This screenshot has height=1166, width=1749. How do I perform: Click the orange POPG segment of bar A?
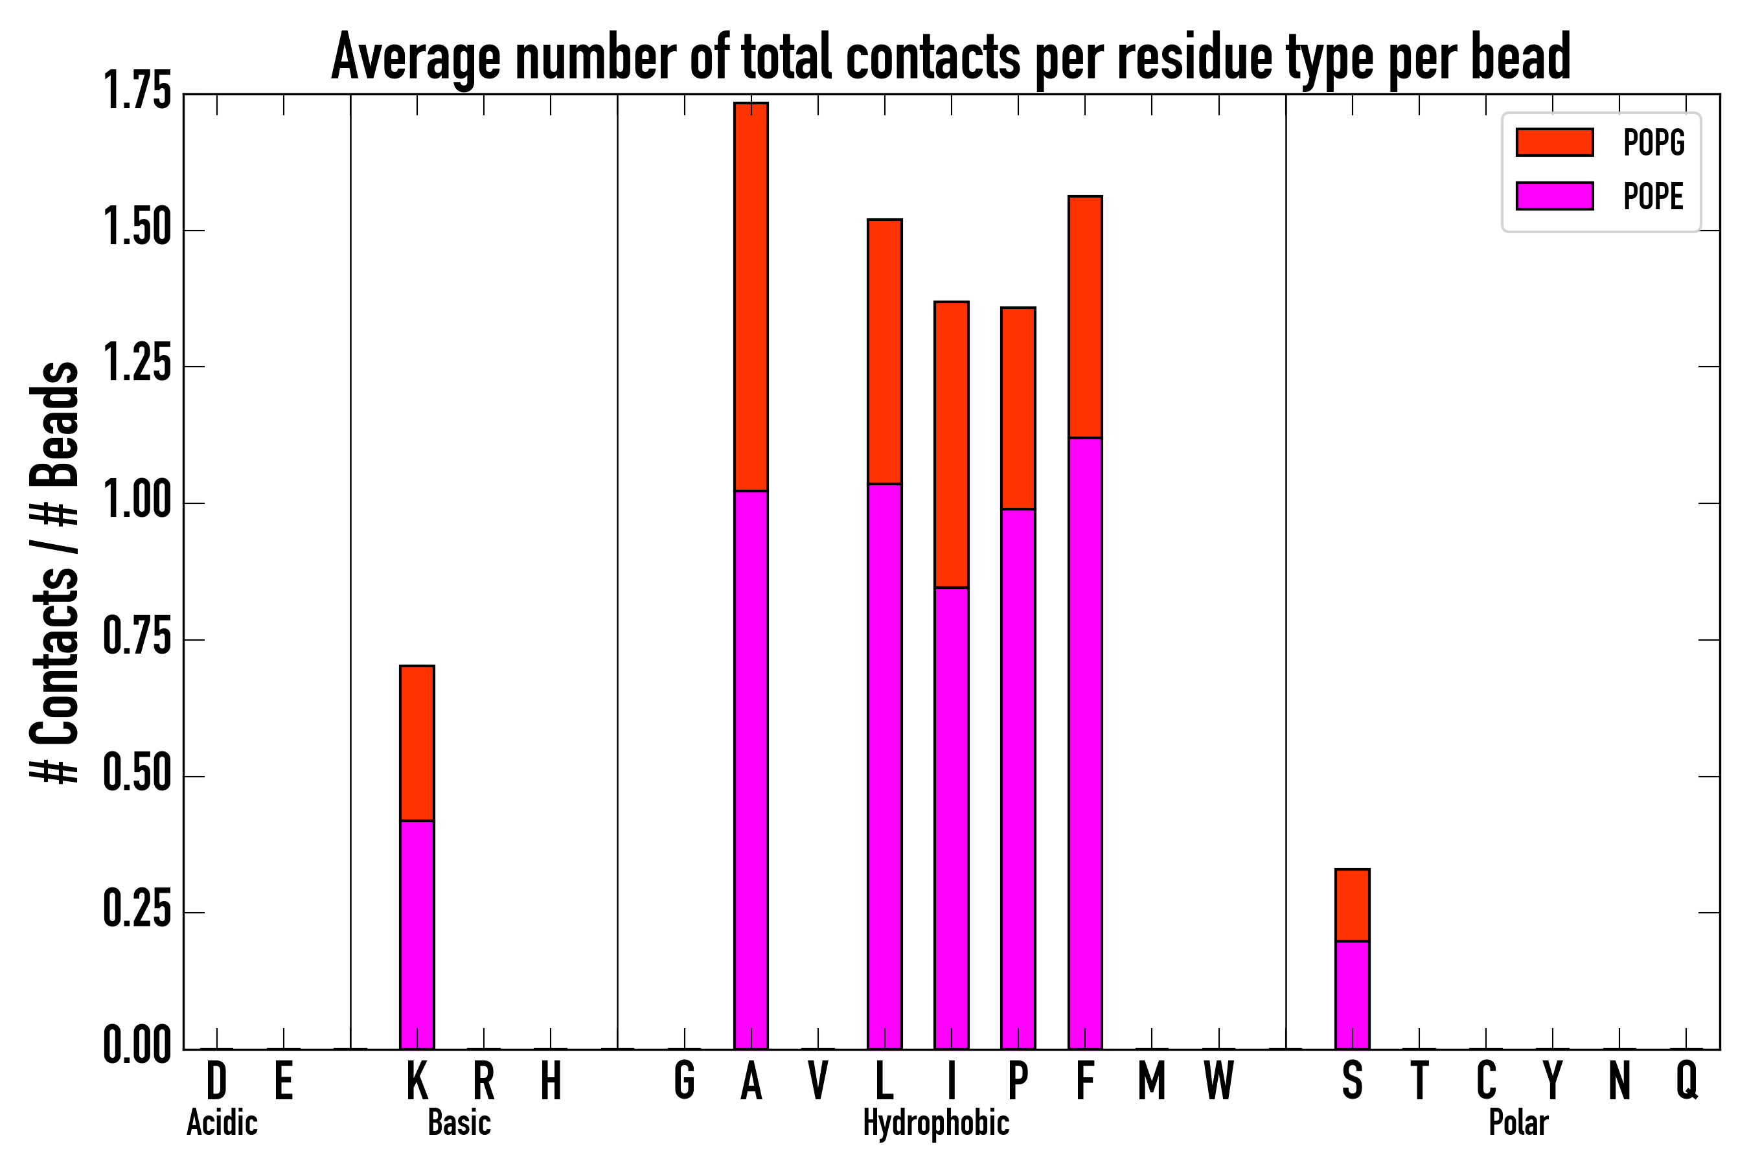pos(751,297)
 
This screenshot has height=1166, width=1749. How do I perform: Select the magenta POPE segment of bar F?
pos(1085,744)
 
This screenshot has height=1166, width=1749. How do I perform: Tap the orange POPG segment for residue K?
pos(417,744)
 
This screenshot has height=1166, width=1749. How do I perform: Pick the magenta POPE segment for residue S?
pos(1352,995)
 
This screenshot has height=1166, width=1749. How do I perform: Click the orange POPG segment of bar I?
pos(951,444)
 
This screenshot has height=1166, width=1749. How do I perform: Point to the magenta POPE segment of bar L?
pos(884,766)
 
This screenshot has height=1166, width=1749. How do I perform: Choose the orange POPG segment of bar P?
pos(1018,408)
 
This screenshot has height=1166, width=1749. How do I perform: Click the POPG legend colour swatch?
pos(1554,142)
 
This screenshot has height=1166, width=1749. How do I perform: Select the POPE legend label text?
pos(1654,196)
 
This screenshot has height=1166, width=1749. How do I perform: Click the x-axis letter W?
pos(1219,1080)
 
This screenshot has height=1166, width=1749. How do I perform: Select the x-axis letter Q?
pos(1687,1080)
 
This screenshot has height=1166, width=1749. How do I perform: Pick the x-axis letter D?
pos(216,1080)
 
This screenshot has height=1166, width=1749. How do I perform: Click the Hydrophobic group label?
pos(935,1123)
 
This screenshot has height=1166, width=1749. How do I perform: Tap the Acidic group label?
pos(222,1123)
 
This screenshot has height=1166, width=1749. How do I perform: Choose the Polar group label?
pos(1518,1123)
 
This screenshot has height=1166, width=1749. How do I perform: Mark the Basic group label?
pos(459,1123)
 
